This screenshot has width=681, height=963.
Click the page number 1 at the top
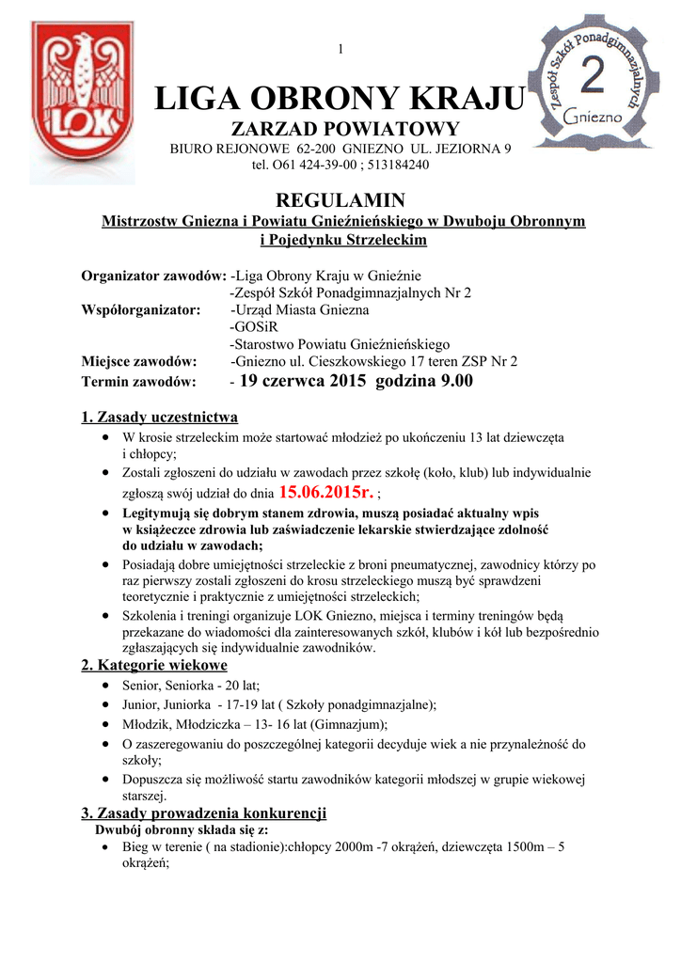pos(340,49)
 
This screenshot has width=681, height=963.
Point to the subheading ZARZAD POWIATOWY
pos(340,129)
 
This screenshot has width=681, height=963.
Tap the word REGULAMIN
pos(340,200)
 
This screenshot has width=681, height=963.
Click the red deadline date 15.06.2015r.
pos(326,491)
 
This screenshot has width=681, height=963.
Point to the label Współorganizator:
pos(141,309)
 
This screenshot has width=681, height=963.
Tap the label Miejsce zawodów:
pos(139,361)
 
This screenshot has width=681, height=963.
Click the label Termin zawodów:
pos(139,382)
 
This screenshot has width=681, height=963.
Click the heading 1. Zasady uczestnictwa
pos(160,417)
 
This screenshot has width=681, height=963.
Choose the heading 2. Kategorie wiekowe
pos(155,666)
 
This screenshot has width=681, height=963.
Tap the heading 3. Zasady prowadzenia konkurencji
pos(204,813)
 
